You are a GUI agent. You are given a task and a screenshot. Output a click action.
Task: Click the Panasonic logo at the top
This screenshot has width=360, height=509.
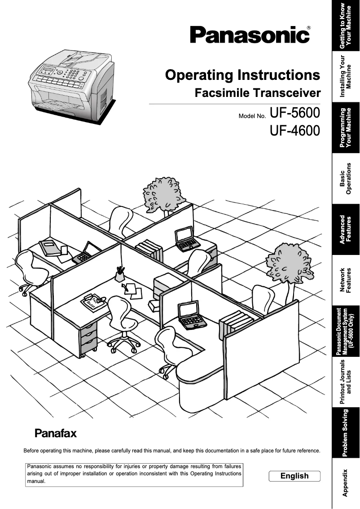249,35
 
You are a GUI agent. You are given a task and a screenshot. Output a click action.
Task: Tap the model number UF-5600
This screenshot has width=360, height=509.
295,112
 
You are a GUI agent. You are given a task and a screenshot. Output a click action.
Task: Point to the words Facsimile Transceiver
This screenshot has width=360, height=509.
258,93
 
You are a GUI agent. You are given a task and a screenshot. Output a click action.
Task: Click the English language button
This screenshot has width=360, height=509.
294,476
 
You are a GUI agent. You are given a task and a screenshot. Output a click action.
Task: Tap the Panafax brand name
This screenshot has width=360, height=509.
56,434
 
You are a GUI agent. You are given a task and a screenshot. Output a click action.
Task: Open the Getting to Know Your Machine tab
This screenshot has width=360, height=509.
346,26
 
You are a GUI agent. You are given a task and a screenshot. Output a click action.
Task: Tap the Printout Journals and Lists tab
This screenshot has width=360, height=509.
346,382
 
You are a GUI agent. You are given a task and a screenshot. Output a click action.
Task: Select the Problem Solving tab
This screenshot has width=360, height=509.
346,433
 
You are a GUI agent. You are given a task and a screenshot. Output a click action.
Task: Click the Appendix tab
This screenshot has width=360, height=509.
346,483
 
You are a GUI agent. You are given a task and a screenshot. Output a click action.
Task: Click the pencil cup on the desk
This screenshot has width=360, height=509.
119,275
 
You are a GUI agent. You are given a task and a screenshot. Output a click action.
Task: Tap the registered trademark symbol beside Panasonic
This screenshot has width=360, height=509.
308,28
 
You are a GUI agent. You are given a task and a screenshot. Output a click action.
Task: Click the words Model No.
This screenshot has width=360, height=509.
252,116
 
